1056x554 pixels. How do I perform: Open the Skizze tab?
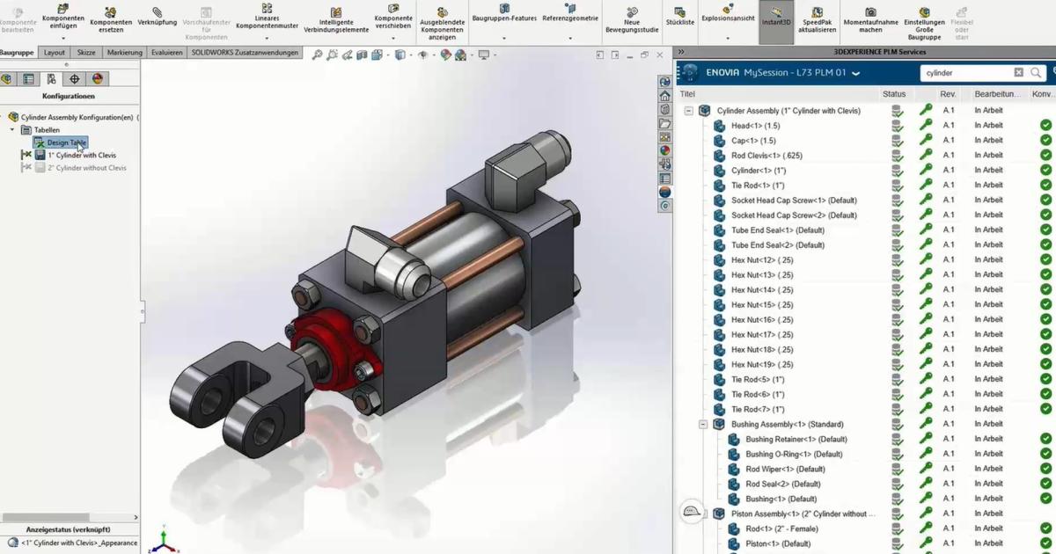[86, 53]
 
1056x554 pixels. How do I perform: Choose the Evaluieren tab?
[166, 53]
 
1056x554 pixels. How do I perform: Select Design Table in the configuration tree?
[66, 142]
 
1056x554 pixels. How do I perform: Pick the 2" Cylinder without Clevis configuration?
[87, 167]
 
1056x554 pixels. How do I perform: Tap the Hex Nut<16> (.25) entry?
[762, 320]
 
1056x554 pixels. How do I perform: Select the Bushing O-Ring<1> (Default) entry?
[794, 455]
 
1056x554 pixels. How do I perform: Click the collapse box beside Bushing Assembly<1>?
[703, 425]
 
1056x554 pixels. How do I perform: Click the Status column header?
[893, 94]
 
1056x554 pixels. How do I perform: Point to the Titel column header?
[688, 94]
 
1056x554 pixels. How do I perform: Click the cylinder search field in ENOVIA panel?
[965, 73]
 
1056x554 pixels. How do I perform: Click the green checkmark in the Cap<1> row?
[1045, 141]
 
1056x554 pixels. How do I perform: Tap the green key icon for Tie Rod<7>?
[926, 410]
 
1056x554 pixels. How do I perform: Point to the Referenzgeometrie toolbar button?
[569, 18]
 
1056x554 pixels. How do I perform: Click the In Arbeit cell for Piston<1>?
[988, 544]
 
